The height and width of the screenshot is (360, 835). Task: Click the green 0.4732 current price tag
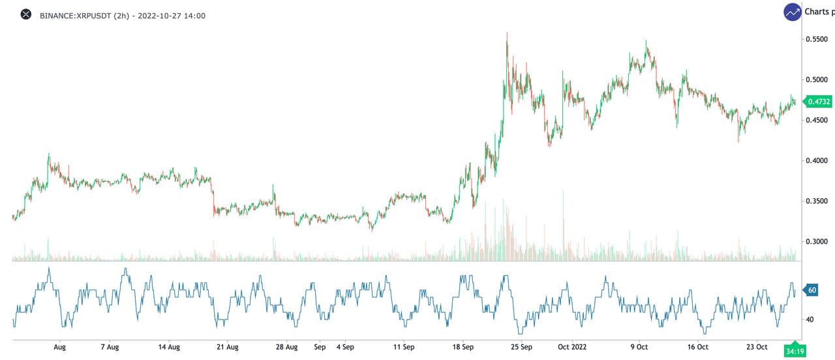click(x=818, y=101)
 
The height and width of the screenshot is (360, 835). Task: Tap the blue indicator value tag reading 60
click(x=812, y=290)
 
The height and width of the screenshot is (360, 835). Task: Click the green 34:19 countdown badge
click(x=794, y=351)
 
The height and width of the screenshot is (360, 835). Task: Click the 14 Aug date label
click(x=169, y=347)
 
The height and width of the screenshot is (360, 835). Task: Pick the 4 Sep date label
click(x=344, y=347)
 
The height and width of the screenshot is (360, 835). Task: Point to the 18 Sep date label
click(x=464, y=347)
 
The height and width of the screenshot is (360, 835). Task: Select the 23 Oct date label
click(x=757, y=347)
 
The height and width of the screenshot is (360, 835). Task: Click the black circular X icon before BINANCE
click(x=26, y=14)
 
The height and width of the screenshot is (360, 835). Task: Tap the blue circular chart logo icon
click(x=793, y=12)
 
